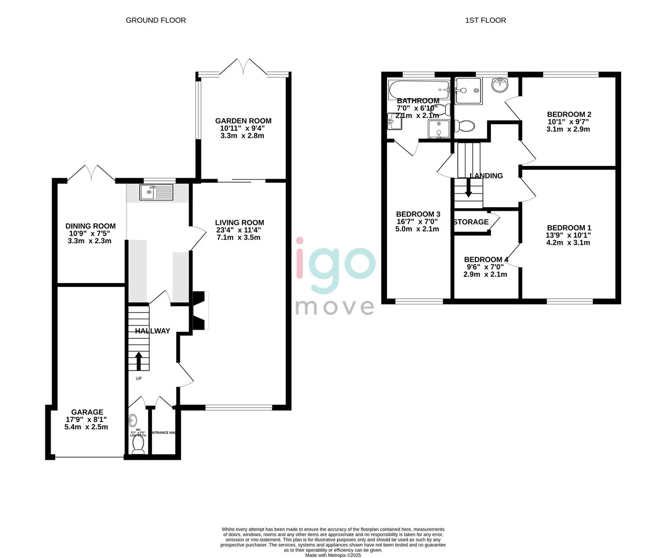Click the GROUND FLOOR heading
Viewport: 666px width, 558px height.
(x=156, y=20)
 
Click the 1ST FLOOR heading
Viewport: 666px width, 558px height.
(x=485, y=20)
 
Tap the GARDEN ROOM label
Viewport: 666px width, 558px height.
(x=243, y=121)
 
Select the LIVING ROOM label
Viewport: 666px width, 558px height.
(x=239, y=223)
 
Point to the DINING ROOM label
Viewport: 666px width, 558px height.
(x=90, y=226)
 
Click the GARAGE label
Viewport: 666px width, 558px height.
(x=87, y=412)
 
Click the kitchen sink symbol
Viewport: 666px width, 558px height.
(x=156, y=193)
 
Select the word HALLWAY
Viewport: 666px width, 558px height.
(x=152, y=331)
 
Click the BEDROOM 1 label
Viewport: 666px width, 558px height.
(x=569, y=228)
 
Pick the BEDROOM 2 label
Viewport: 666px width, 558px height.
(x=569, y=115)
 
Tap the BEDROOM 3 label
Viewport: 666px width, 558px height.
(x=418, y=214)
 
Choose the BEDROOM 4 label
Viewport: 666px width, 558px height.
(x=486, y=260)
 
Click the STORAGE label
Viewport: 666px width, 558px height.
(x=471, y=222)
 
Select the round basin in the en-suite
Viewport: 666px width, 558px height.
(x=500, y=85)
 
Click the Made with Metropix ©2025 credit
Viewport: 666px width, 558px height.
(x=333, y=555)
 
